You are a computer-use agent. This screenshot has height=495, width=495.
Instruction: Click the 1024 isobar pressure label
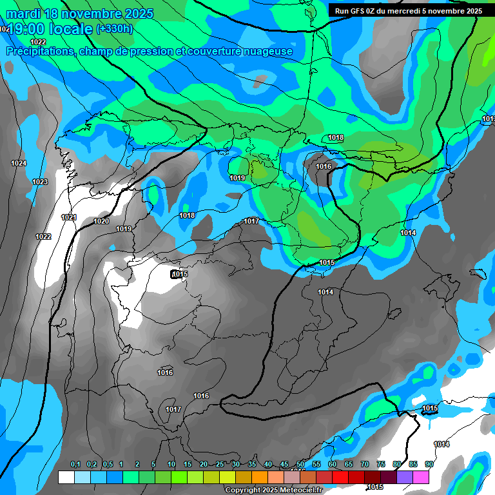19,164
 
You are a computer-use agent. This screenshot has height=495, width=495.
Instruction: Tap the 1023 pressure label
40,182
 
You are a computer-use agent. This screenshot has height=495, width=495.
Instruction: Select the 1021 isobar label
69,217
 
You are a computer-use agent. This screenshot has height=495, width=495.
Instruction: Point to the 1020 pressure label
101,222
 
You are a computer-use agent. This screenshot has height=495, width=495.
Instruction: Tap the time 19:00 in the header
28,29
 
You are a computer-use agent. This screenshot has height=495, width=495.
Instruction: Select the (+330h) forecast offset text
115,29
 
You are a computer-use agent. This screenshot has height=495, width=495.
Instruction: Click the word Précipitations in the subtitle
41,52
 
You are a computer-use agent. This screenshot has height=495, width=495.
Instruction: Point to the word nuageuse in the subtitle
267,52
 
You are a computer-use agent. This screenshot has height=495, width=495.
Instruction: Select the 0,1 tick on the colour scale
75,465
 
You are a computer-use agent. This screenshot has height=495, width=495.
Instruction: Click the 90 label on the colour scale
429,465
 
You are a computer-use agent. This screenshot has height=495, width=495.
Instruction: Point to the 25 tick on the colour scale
220,465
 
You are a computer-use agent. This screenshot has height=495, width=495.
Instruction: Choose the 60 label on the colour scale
333,465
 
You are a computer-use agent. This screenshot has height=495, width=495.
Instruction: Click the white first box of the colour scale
66,477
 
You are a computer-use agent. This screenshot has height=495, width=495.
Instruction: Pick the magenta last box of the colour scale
421,477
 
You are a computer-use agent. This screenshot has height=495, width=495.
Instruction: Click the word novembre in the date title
92,13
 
